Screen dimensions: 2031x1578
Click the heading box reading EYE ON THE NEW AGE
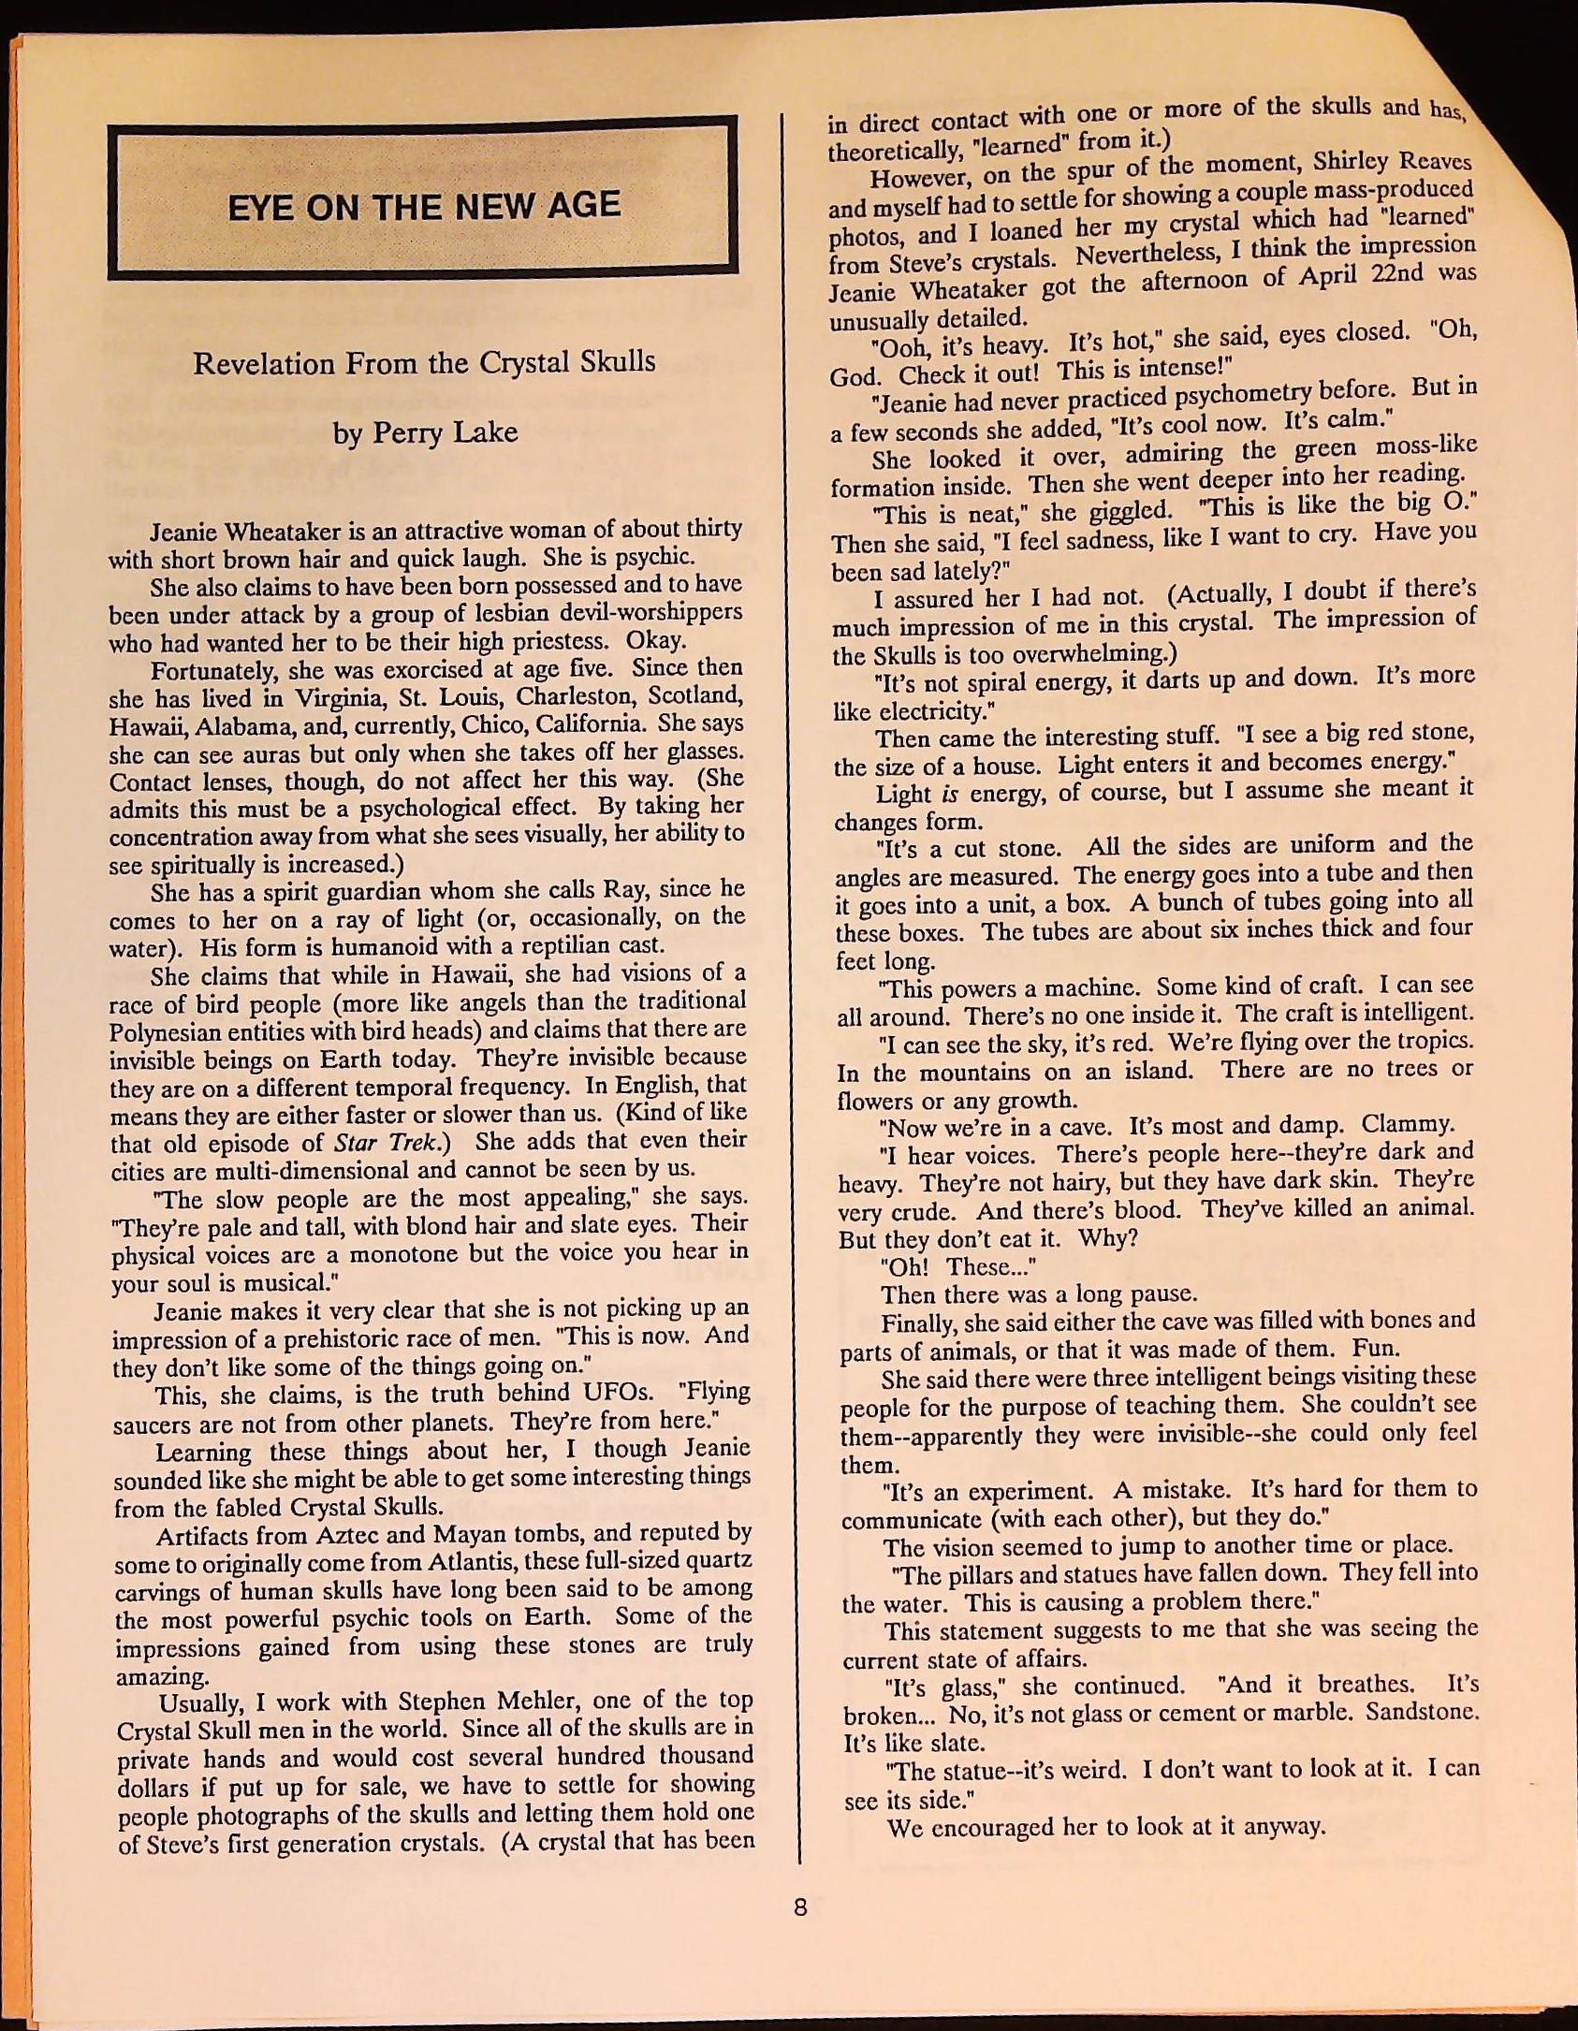[x=422, y=199]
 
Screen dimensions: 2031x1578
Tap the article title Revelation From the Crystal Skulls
[x=424, y=363]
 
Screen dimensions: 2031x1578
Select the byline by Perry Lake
[x=424, y=432]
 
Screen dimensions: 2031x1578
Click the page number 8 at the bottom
[x=799, y=1907]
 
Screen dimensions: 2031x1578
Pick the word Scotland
[x=695, y=696]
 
